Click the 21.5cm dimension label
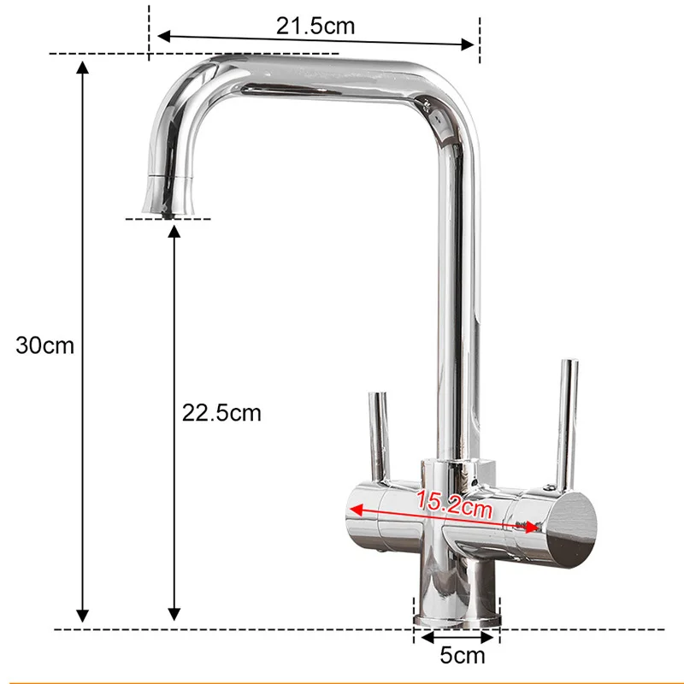(x=315, y=26)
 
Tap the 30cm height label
(x=45, y=345)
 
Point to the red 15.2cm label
(x=455, y=505)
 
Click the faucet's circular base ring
(x=456, y=619)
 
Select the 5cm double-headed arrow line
(x=456, y=636)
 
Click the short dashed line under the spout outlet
(x=168, y=219)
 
